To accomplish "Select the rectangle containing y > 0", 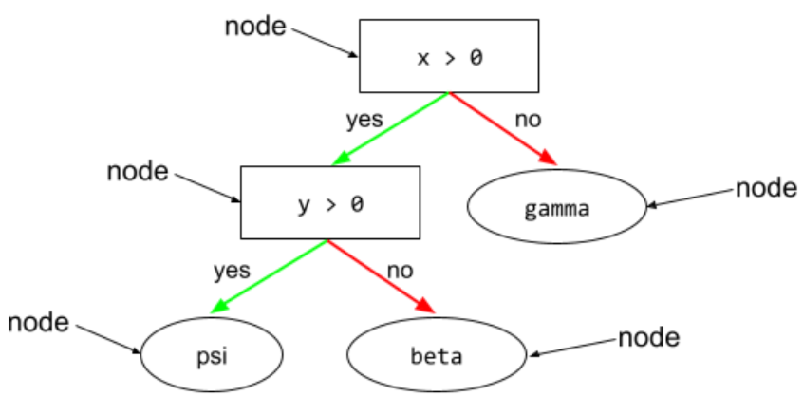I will click(x=329, y=202).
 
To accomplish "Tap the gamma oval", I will click(x=557, y=206).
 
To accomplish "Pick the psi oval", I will click(x=213, y=356).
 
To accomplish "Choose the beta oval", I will click(x=437, y=356).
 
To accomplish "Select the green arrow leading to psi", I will click(x=271, y=276).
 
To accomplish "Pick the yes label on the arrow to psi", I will click(x=232, y=270).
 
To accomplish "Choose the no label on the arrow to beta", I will click(x=400, y=270).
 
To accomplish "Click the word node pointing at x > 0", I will click(x=254, y=27).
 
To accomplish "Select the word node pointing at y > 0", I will click(x=138, y=172).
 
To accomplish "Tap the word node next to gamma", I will click(x=766, y=188).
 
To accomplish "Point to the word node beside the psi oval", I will click(x=38, y=322).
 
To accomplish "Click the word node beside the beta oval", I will click(x=649, y=337).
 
